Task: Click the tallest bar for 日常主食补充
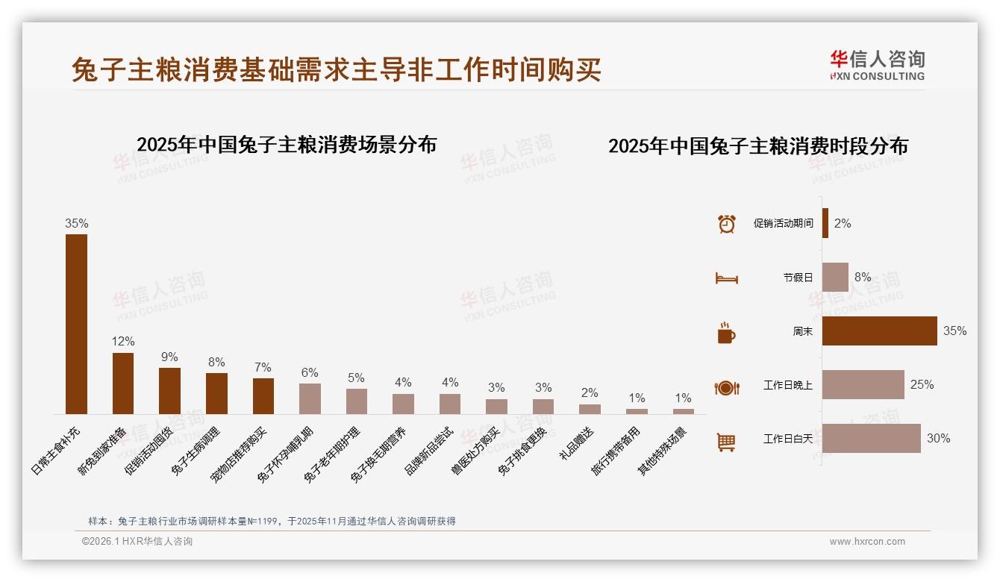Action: tap(76, 324)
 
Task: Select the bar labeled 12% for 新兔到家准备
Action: tap(123, 383)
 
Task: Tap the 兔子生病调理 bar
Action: tap(216, 393)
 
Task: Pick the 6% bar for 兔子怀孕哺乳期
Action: tap(310, 398)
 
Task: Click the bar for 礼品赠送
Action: tap(590, 409)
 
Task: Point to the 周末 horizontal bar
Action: tap(879, 331)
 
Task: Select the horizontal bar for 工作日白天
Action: tap(871, 438)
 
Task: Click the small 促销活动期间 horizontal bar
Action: tap(825, 223)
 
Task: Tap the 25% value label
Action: tap(922, 384)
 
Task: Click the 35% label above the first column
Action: tap(76, 223)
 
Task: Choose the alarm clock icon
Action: tap(726, 224)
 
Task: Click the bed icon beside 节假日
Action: tap(726, 278)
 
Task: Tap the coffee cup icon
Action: tap(726, 333)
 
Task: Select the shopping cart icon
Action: tap(726, 442)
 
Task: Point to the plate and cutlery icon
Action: tap(726, 387)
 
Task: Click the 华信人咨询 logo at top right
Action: tap(877, 65)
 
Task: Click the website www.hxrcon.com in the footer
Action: tap(866, 542)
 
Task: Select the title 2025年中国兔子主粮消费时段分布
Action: tap(757, 146)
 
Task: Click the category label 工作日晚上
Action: tap(787, 385)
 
